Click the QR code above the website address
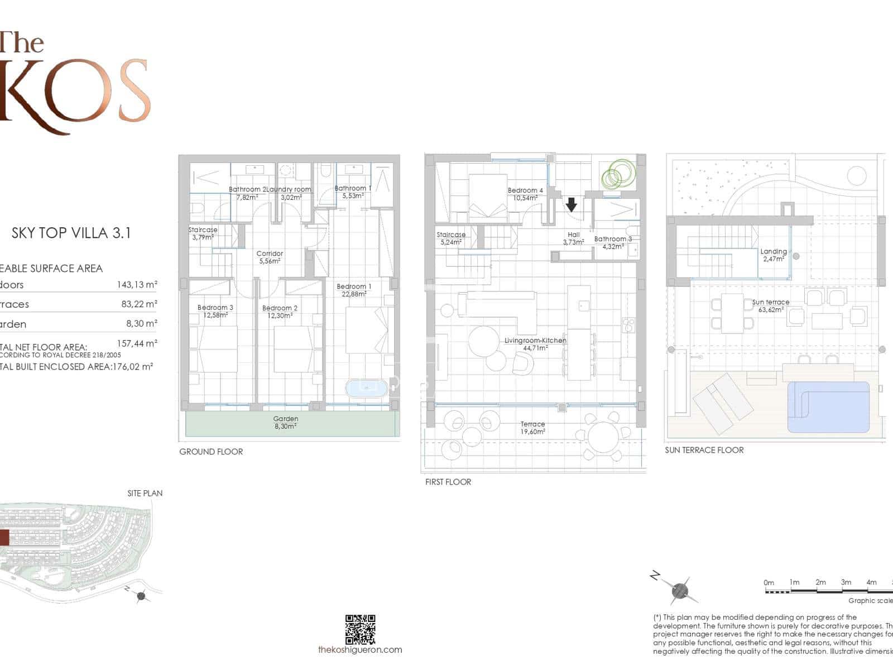361,629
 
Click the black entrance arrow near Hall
571,205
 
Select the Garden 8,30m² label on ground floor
285,422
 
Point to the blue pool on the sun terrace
828,407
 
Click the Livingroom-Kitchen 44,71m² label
535,344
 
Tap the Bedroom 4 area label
525,194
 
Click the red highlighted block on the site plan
4,538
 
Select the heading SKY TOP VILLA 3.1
71,233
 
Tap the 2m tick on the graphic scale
820,582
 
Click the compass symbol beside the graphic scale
680,590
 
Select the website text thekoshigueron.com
360,649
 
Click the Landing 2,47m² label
774,255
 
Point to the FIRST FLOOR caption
448,482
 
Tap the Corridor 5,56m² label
270,257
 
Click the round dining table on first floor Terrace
603,437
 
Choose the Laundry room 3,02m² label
289,193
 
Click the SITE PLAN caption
145,493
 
